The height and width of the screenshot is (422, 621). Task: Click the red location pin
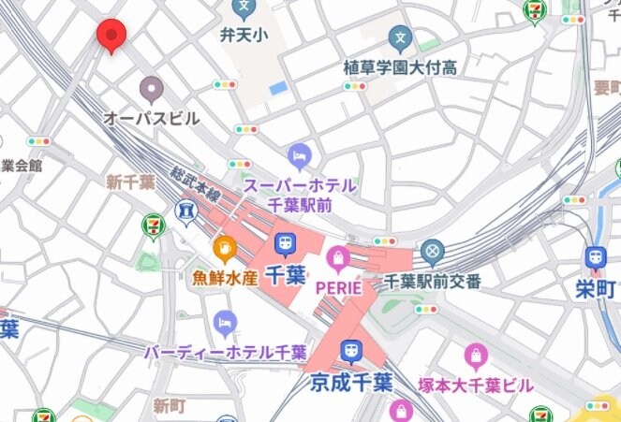[x=111, y=36]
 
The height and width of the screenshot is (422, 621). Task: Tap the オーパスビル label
[x=151, y=119]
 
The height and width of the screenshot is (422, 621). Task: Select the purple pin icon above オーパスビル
[x=151, y=90]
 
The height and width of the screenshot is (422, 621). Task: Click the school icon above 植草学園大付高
[x=401, y=38]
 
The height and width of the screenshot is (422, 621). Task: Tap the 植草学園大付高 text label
[x=400, y=67]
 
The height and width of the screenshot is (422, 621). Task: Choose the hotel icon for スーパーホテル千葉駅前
[x=300, y=154]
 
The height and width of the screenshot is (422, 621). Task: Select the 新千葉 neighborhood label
[x=130, y=182]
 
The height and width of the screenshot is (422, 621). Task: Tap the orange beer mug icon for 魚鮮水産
[x=225, y=249]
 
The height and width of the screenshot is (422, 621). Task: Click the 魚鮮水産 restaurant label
[x=225, y=277]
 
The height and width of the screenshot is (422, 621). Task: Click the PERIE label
[x=338, y=286]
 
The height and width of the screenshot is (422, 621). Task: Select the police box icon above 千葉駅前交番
[x=431, y=252]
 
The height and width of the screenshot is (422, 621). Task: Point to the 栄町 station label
[x=596, y=288]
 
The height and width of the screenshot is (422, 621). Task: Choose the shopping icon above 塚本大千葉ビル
[x=476, y=357]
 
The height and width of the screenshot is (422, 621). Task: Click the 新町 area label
[x=171, y=406]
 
